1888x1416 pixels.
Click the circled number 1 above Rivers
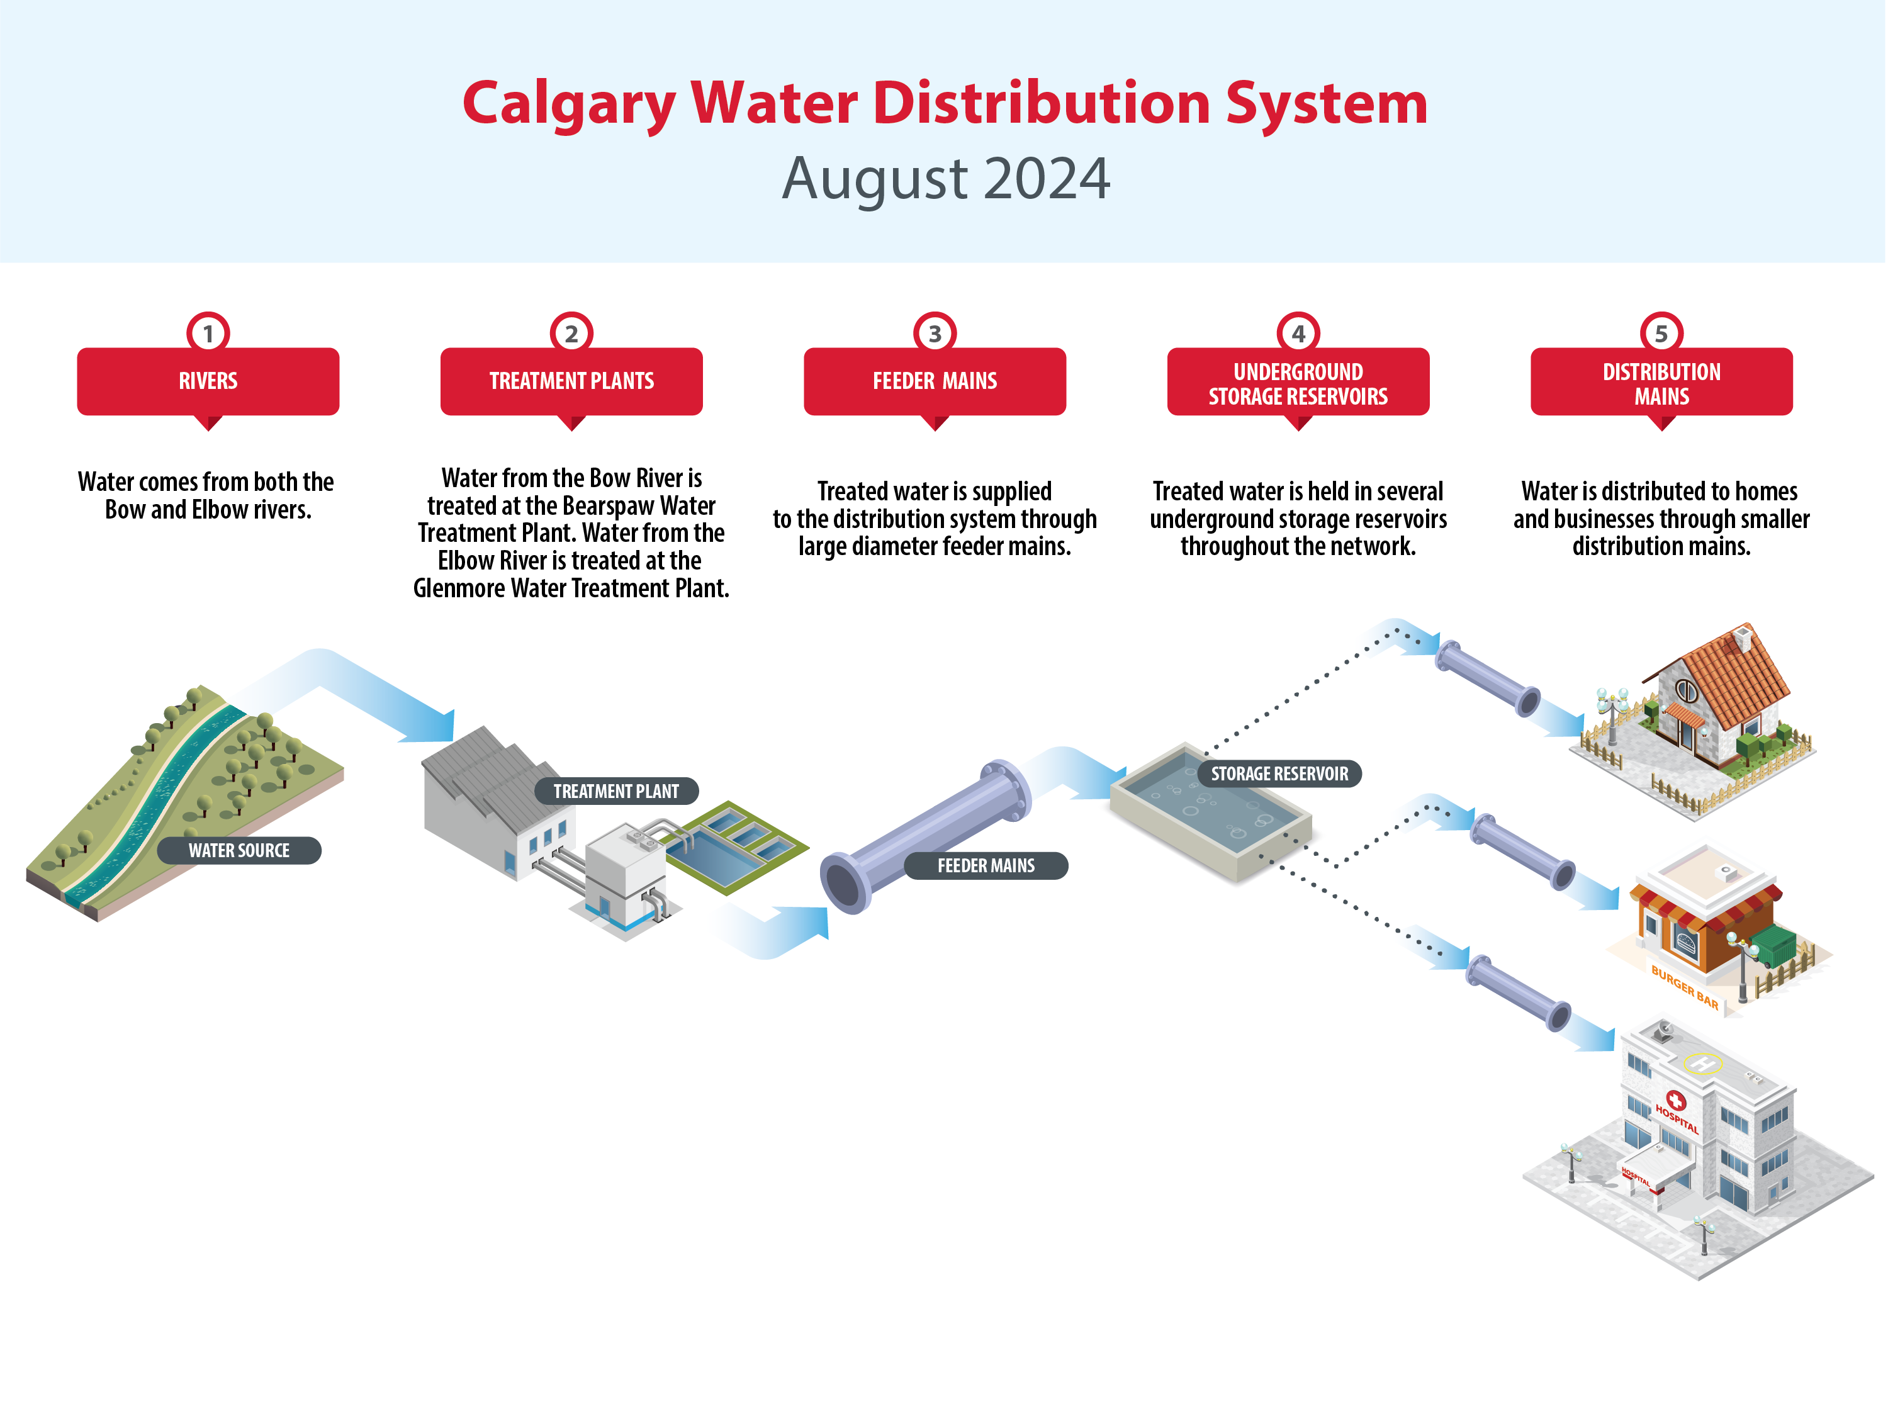tap(208, 333)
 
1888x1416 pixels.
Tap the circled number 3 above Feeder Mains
tap(935, 333)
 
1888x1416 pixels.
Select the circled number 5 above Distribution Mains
tap(1661, 333)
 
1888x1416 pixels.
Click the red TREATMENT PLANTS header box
tap(571, 381)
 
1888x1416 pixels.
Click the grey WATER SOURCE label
tap(239, 850)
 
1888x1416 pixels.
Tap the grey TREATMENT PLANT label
tap(616, 791)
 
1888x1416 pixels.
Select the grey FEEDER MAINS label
tap(986, 865)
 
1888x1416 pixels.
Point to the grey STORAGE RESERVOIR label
tap(1279, 773)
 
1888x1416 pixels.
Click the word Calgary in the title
tap(568, 104)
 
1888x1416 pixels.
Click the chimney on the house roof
tap(1741, 637)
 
